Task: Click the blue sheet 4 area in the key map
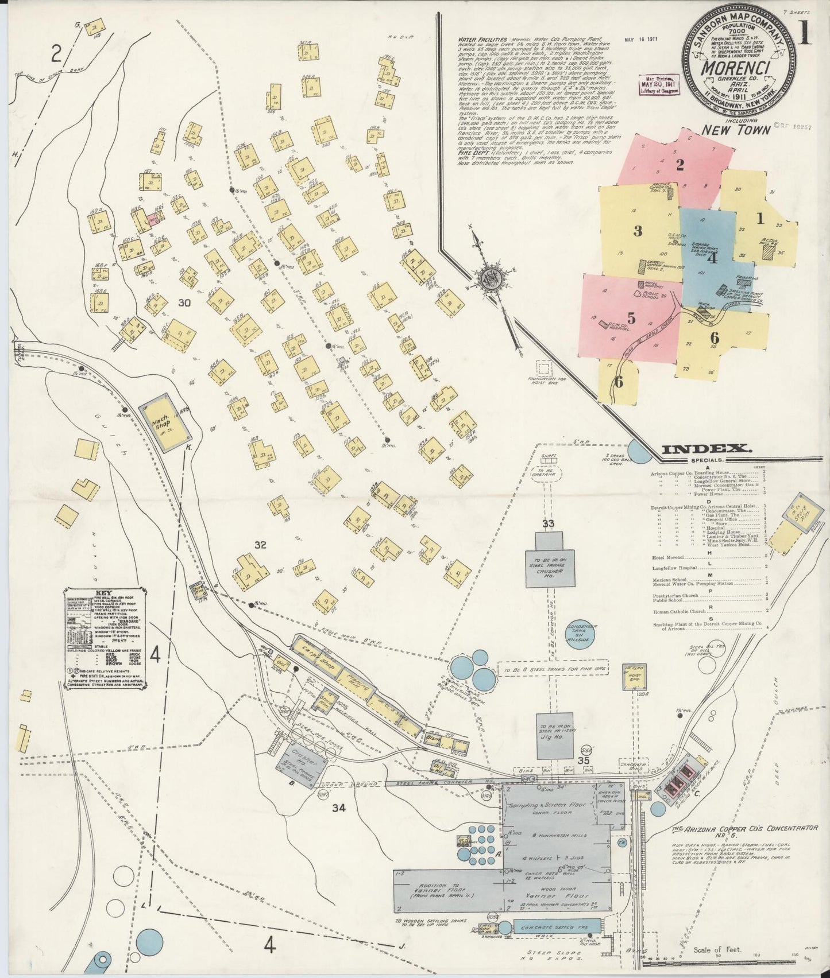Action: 712,258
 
